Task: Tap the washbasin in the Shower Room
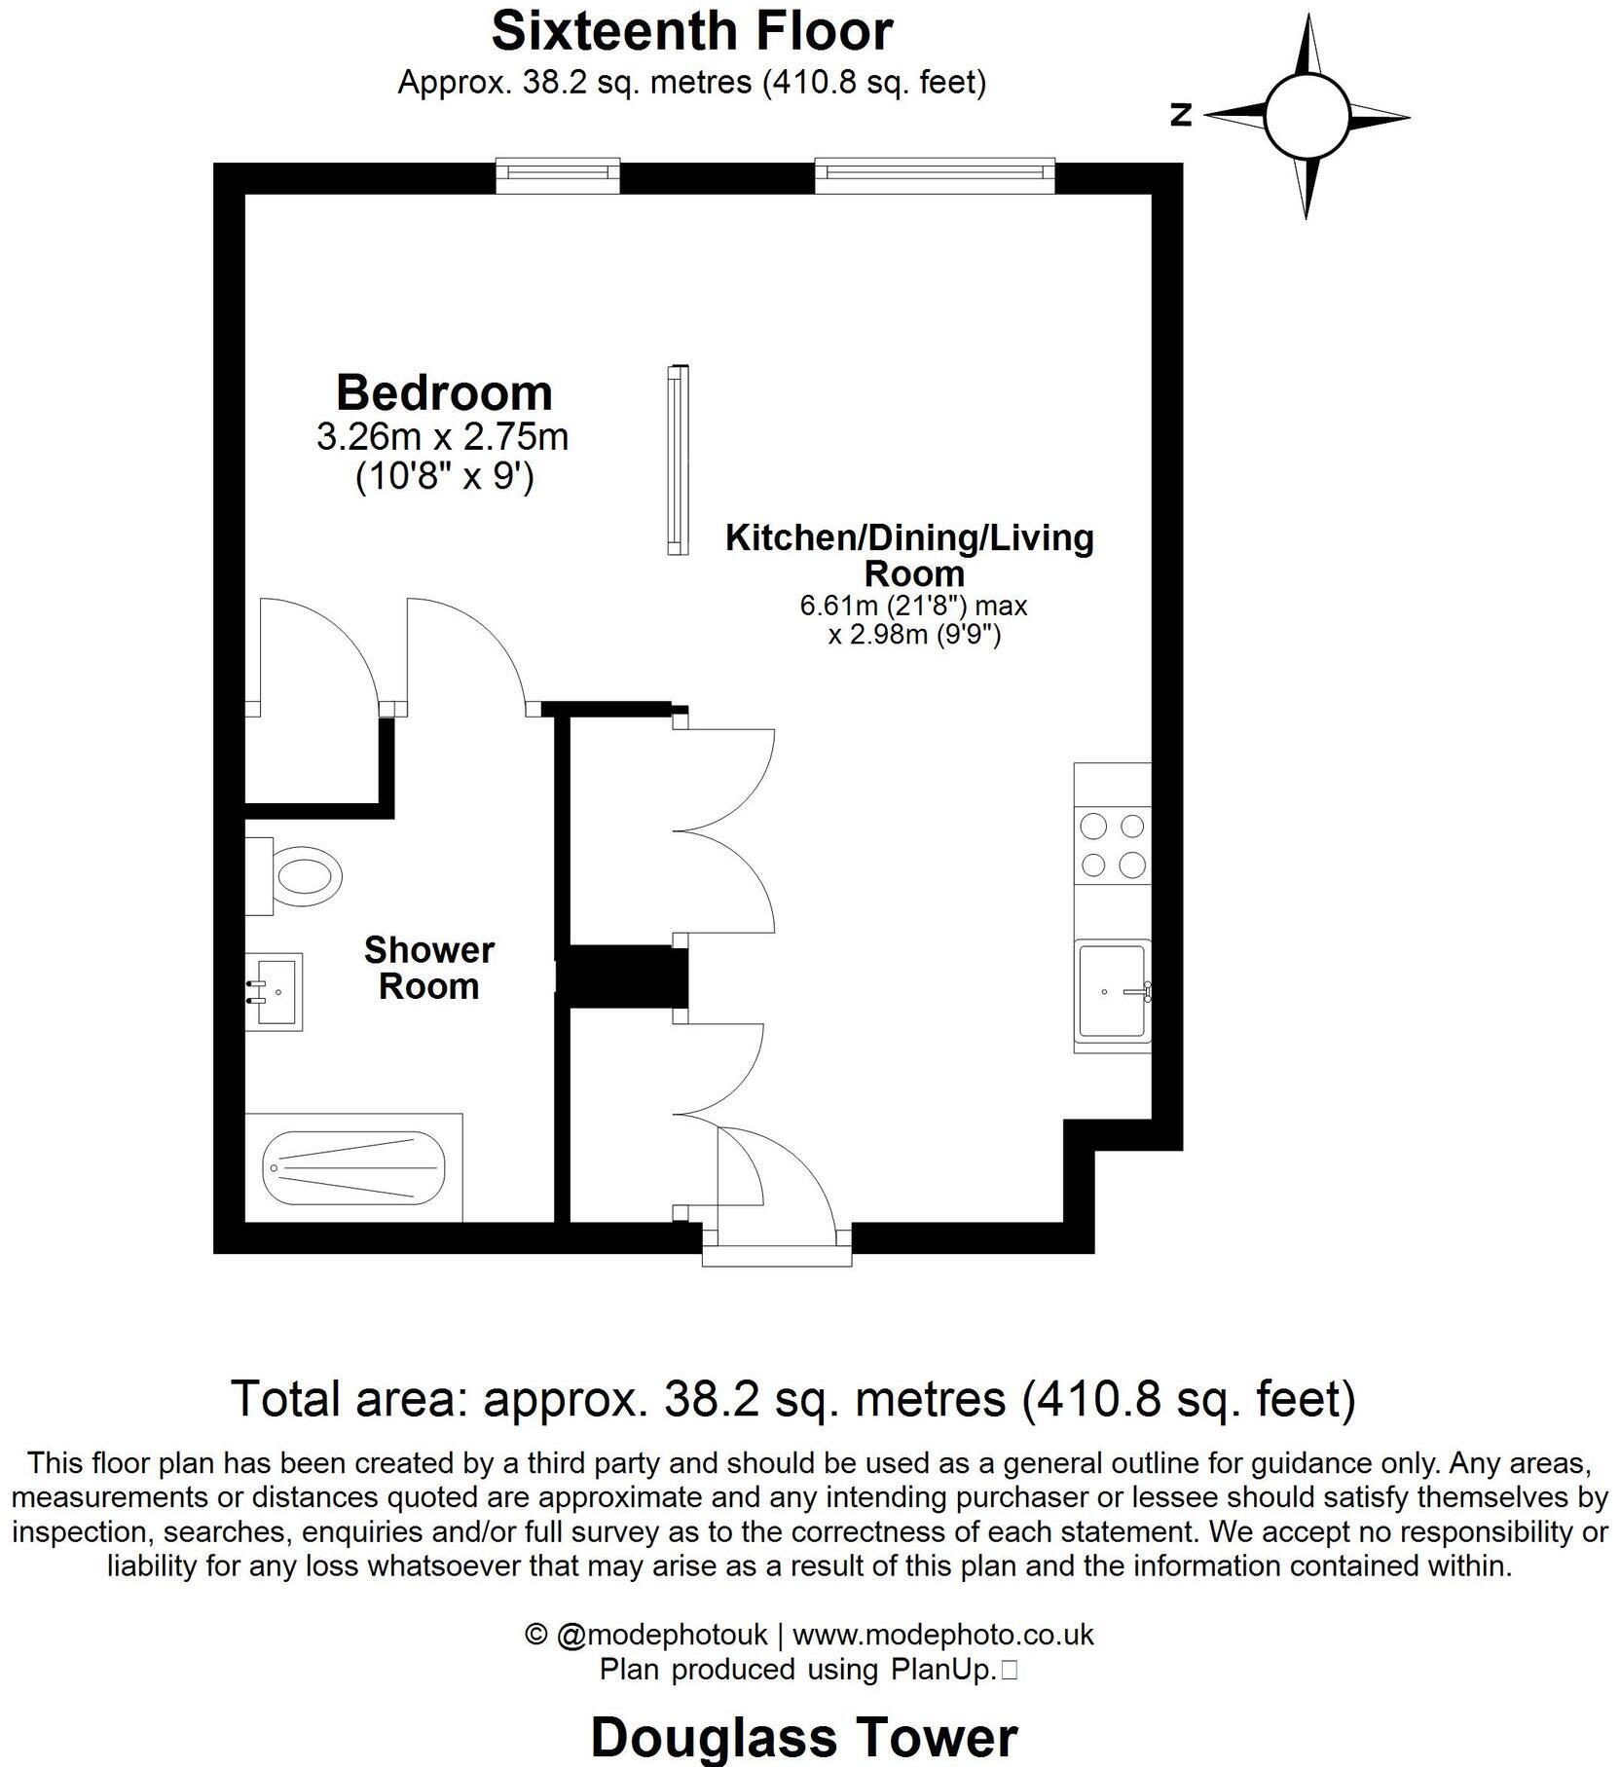(x=275, y=991)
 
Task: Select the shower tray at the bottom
(x=354, y=1166)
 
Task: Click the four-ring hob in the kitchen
(x=1113, y=845)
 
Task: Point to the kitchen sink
(x=1111, y=991)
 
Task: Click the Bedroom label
(x=444, y=392)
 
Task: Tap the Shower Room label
(x=428, y=968)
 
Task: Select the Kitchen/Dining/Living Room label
(x=909, y=554)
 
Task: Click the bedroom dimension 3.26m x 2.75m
(x=442, y=436)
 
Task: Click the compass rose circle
(x=1307, y=116)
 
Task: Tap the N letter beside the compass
(x=1181, y=116)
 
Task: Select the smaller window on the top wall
(x=558, y=176)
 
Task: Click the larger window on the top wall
(x=934, y=174)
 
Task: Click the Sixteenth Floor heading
(x=691, y=31)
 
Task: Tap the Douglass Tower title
(x=803, y=1736)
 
